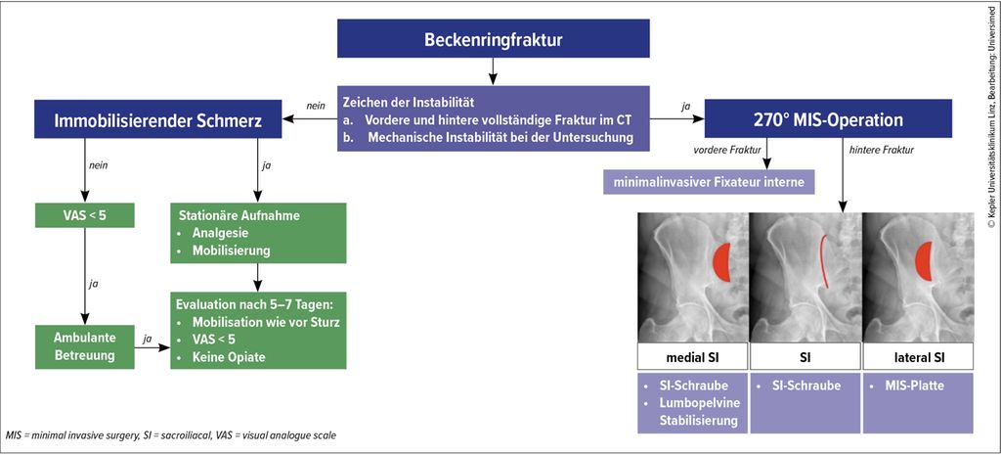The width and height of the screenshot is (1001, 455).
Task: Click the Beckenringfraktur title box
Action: pyautogui.click(x=493, y=40)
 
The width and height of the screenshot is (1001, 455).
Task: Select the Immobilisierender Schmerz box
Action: pyautogui.click(x=157, y=120)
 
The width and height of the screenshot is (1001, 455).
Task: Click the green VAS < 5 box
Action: pyautogui.click(x=84, y=215)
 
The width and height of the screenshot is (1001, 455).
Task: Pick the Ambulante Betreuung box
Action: pyautogui.click(x=84, y=344)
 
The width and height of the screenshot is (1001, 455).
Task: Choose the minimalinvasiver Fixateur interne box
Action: pyautogui.click(x=708, y=182)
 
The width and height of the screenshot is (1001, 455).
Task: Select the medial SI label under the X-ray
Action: pyautogui.click(x=692, y=356)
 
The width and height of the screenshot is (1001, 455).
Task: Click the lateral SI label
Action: pyautogui.click(x=919, y=356)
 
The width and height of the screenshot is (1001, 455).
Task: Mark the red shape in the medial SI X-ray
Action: pyautogui.click(x=723, y=260)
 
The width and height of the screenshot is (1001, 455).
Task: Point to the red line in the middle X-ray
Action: pyautogui.click(x=822, y=260)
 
